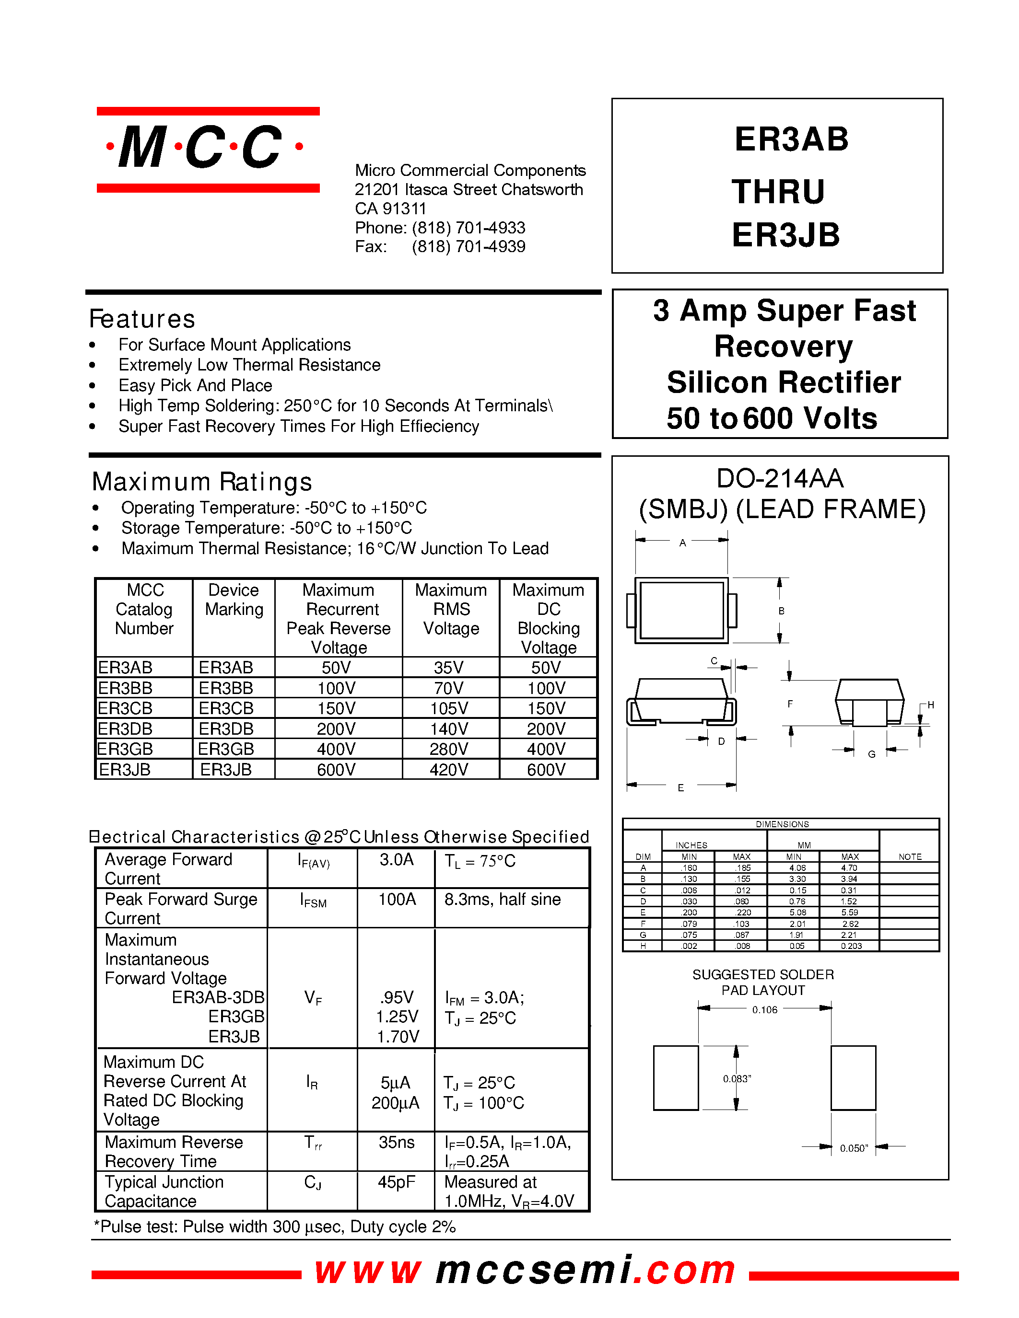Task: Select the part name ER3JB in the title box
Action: pyautogui.click(x=785, y=235)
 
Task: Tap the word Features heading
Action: pyautogui.click(x=142, y=319)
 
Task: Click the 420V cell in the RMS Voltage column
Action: pyautogui.click(x=448, y=769)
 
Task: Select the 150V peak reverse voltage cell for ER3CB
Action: pyautogui.click(x=336, y=708)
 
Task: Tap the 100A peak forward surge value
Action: pyautogui.click(x=397, y=899)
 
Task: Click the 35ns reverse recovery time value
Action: pyautogui.click(x=397, y=1143)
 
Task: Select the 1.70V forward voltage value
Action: pyautogui.click(x=397, y=1037)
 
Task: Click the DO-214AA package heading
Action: pyautogui.click(x=779, y=479)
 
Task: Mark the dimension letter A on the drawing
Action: pyautogui.click(x=682, y=543)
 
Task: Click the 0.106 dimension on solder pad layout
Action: pyautogui.click(x=764, y=1010)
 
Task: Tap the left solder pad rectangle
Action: pyautogui.click(x=676, y=1078)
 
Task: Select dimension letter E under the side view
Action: pyautogui.click(x=680, y=787)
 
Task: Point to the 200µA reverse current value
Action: pyautogui.click(x=396, y=1103)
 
